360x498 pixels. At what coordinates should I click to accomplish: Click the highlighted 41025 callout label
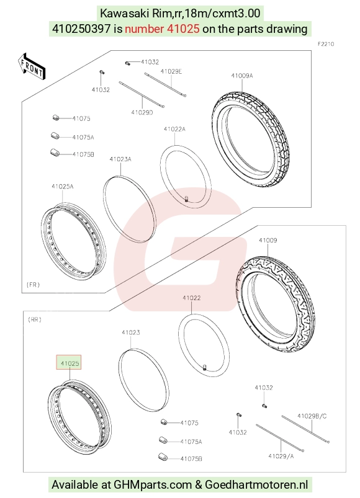pyautogui.click(x=69, y=362)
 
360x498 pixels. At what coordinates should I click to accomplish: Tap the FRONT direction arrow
pyautogui.click(x=32, y=67)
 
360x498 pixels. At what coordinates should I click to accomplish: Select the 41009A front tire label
pyautogui.click(x=242, y=76)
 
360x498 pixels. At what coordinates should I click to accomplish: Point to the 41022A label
pyautogui.click(x=174, y=129)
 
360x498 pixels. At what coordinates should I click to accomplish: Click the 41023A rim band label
pyautogui.click(x=120, y=159)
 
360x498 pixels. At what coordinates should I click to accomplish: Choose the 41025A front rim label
pyautogui.click(x=63, y=187)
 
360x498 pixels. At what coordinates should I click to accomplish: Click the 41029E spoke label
pyautogui.click(x=171, y=71)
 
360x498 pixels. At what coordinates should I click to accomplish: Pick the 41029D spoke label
pyautogui.click(x=142, y=112)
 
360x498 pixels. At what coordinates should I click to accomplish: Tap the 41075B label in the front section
pyautogui.click(x=83, y=154)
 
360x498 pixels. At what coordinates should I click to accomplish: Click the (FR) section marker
pyautogui.click(x=33, y=285)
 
